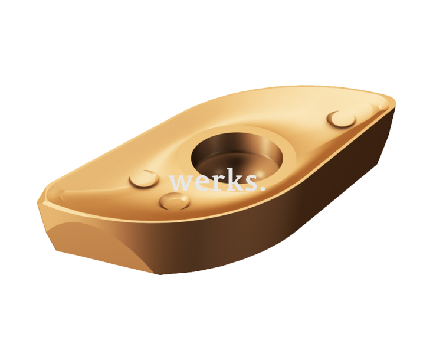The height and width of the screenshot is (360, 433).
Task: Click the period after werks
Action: tap(261, 188)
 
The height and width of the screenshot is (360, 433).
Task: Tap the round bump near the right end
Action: tap(342, 118)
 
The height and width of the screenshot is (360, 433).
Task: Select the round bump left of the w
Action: tap(144, 178)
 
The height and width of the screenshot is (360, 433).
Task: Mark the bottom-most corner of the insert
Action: tap(159, 273)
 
